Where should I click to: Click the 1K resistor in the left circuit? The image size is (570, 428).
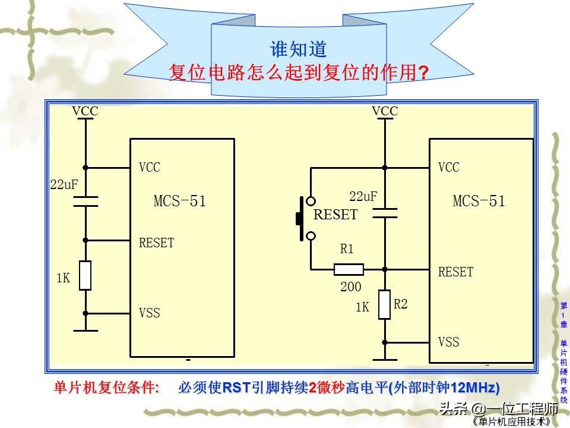(85, 276)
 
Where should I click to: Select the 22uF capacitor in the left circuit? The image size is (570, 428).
(85, 201)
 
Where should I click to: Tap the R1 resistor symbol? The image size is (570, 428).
(349, 269)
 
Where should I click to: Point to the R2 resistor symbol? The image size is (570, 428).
(385, 305)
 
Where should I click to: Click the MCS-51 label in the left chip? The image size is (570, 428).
(180, 201)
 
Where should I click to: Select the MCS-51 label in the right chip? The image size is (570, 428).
(479, 201)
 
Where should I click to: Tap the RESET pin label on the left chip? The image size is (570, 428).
(157, 243)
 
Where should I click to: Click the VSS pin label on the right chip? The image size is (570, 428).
(449, 342)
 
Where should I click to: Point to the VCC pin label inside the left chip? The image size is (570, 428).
(150, 168)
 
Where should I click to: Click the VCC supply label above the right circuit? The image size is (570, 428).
(385, 111)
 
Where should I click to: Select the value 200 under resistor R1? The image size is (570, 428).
(350, 287)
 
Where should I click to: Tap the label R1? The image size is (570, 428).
(347, 250)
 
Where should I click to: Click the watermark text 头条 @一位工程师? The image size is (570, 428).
(498, 409)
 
